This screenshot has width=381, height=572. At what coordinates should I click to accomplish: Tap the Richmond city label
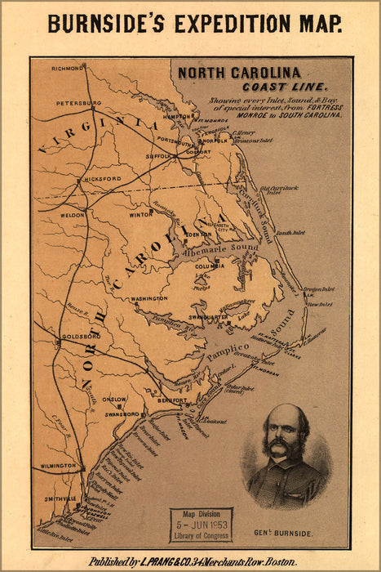pos(67,69)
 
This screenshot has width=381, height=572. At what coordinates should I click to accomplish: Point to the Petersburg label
pos(78,104)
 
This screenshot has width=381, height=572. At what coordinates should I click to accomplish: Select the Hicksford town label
pos(102,178)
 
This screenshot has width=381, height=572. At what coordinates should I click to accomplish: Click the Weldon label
pos(73,215)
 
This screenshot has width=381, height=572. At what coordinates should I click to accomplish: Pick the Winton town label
pos(141,214)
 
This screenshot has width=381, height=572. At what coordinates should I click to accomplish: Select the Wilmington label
pos(59,466)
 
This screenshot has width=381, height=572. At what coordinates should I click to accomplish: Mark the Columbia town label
pos(209,266)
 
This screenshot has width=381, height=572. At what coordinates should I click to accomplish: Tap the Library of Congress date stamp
pos(201,525)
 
